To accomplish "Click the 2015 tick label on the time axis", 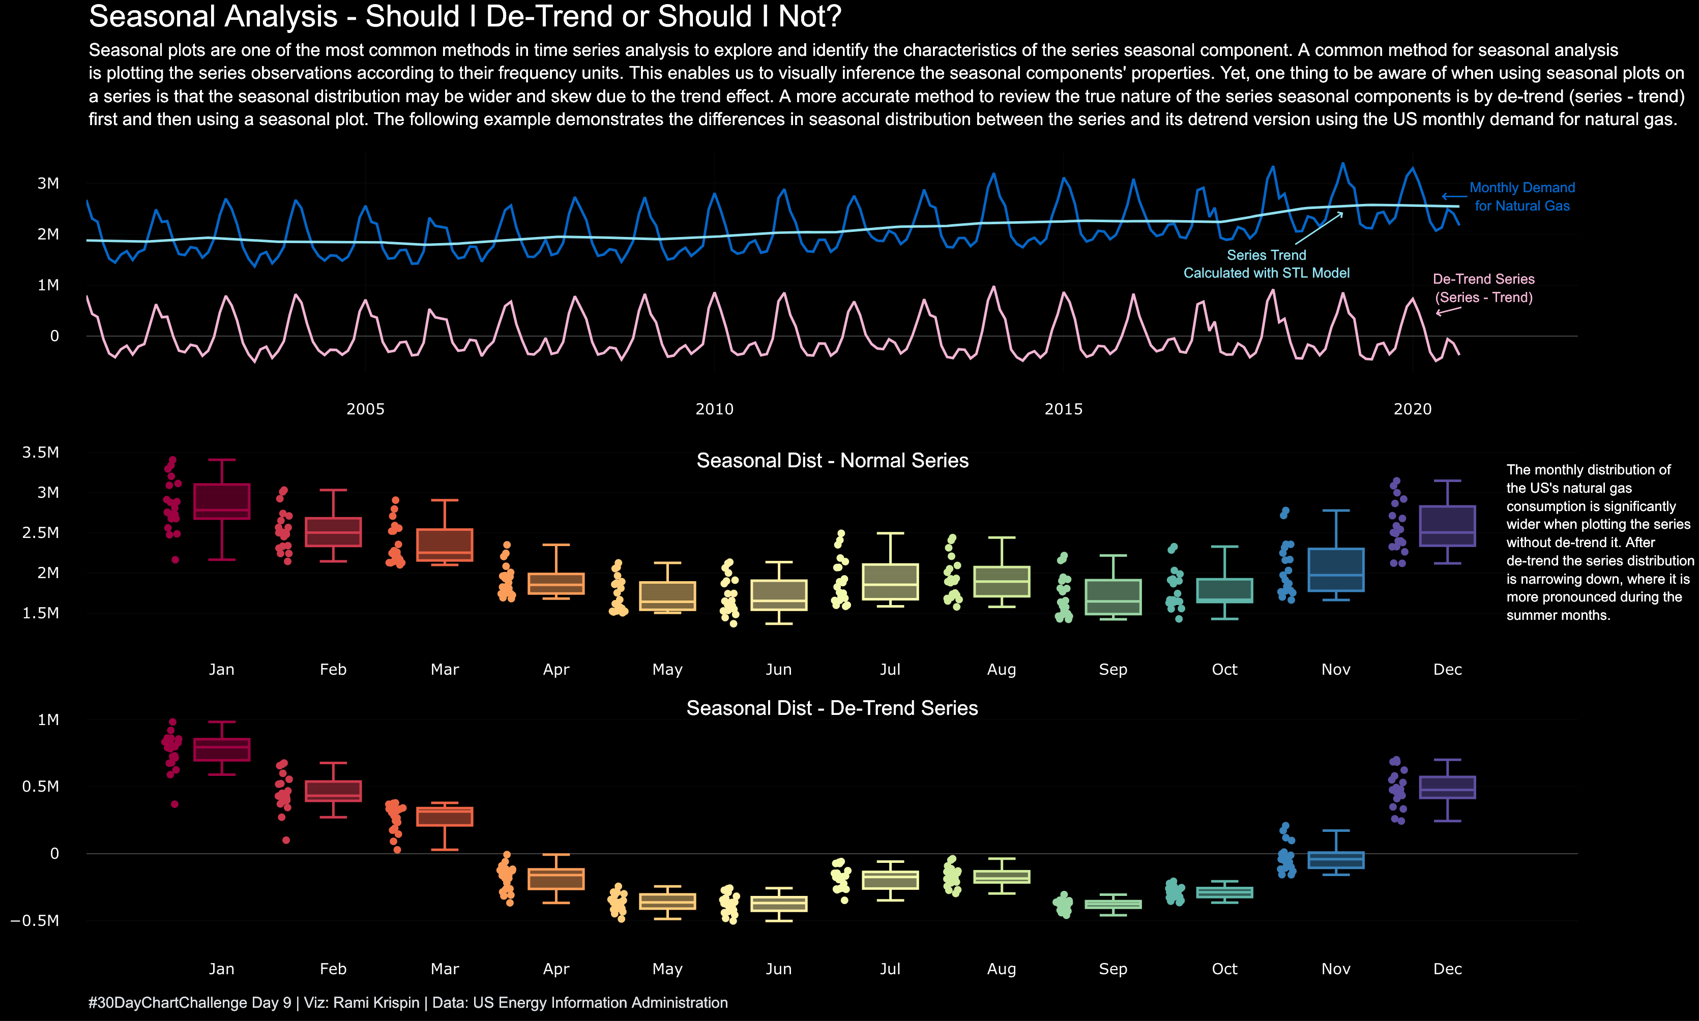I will click(x=1063, y=409).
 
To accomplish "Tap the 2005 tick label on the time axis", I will click(x=365, y=409).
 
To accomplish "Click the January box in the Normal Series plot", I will click(x=222, y=501).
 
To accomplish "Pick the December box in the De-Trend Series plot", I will click(x=1447, y=787).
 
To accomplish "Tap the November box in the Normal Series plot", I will click(x=1336, y=569).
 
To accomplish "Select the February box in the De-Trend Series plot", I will click(x=333, y=791).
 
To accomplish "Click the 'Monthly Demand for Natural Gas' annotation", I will click(x=1521, y=197).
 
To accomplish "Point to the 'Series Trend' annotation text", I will click(x=1266, y=255).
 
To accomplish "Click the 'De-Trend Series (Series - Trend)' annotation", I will click(x=1484, y=288).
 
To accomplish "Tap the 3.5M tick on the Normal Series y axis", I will click(x=41, y=452).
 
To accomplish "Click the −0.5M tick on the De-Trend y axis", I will click(x=35, y=920).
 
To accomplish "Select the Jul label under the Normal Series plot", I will click(x=890, y=670).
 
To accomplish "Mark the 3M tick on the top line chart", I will click(x=48, y=183).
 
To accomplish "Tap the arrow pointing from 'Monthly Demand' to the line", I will click(x=1453, y=196).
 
